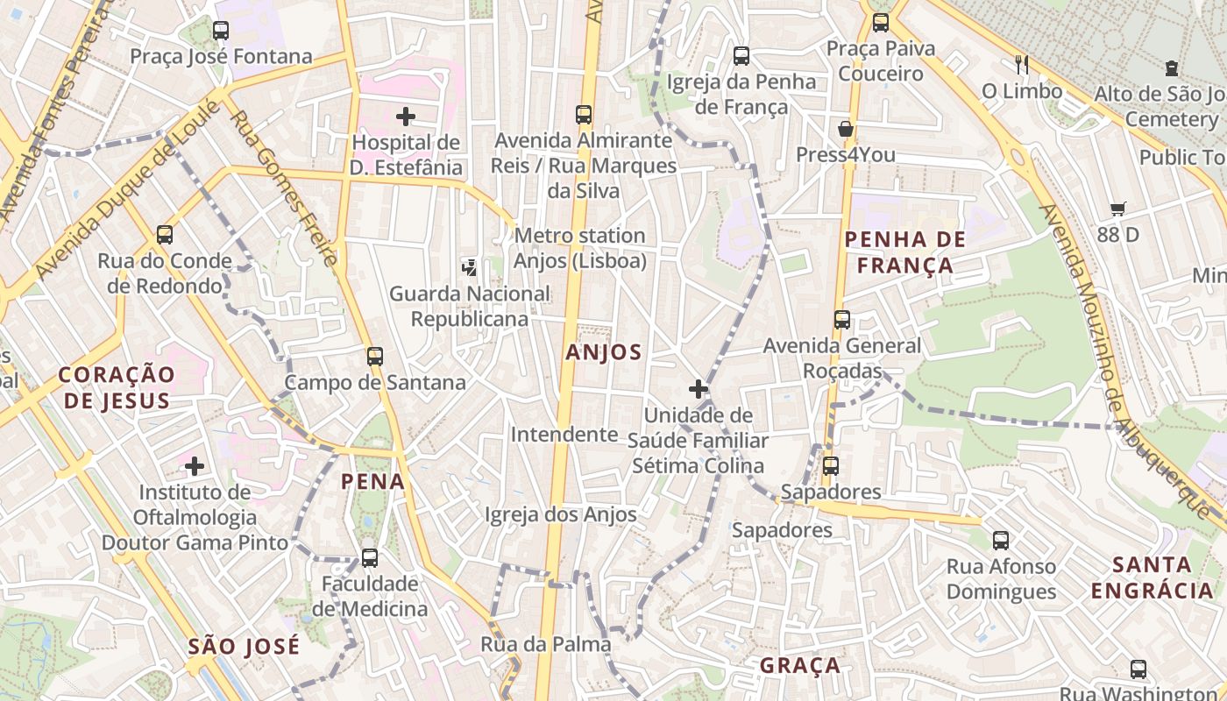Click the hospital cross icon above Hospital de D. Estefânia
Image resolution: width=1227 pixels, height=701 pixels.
pyautogui.click(x=405, y=116)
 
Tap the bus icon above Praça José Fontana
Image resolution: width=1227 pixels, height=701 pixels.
pyautogui.click(x=221, y=31)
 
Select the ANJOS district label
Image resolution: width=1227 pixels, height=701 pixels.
pyautogui.click(x=604, y=352)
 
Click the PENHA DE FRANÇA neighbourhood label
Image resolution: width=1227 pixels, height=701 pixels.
pyautogui.click(x=904, y=252)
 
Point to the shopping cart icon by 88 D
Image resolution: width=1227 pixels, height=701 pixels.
pyautogui.click(x=1117, y=209)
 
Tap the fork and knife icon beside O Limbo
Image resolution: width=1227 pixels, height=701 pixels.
pyautogui.click(x=1021, y=64)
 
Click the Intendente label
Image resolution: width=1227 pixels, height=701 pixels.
pyautogui.click(x=564, y=435)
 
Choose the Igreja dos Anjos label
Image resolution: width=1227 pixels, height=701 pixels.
pyautogui.click(x=561, y=514)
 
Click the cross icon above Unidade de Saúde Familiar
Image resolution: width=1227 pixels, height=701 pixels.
pyautogui.click(x=699, y=388)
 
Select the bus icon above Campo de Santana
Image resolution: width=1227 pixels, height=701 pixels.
pyautogui.click(x=375, y=357)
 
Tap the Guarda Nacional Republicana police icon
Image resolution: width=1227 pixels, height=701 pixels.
pyautogui.click(x=470, y=267)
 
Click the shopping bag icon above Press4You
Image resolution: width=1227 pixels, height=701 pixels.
pyautogui.click(x=846, y=129)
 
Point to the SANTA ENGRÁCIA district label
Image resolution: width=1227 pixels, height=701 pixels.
pyautogui.click(x=1153, y=577)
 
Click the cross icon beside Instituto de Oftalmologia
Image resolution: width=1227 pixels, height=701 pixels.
pyautogui.click(x=195, y=466)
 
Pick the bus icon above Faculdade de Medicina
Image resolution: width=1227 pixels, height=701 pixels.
pyautogui.click(x=370, y=557)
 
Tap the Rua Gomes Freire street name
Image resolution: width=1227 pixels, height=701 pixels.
pyautogui.click(x=284, y=188)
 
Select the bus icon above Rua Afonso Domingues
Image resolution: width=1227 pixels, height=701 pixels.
pyautogui.click(x=1001, y=541)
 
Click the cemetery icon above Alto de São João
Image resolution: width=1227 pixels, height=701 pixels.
pyautogui.click(x=1172, y=68)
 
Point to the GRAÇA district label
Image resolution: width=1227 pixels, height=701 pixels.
pyautogui.click(x=800, y=665)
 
